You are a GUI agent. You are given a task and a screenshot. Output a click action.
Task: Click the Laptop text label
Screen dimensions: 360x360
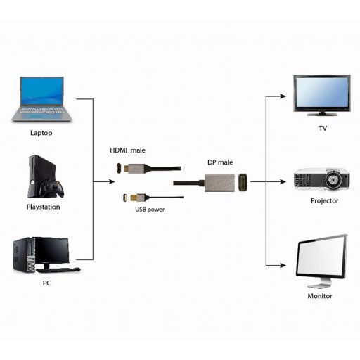pyautogui.click(x=41, y=132)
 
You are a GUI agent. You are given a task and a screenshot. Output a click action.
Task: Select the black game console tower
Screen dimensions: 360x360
pyautogui.click(x=37, y=176)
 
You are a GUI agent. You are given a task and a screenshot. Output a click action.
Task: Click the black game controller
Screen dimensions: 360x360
pyautogui.click(x=54, y=189)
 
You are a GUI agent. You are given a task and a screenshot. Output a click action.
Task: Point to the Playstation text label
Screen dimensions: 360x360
pyautogui.click(x=43, y=207)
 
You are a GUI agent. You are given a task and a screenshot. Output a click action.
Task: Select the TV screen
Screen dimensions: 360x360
pyautogui.click(x=322, y=91)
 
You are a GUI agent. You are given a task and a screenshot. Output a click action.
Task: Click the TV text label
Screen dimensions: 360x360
pyautogui.click(x=323, y=129)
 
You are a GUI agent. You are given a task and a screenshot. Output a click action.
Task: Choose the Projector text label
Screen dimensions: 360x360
pyautogui.click(x=324, y=200)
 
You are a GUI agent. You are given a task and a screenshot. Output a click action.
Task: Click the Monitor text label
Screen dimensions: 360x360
pyautogui.click(x=320, y=296)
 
